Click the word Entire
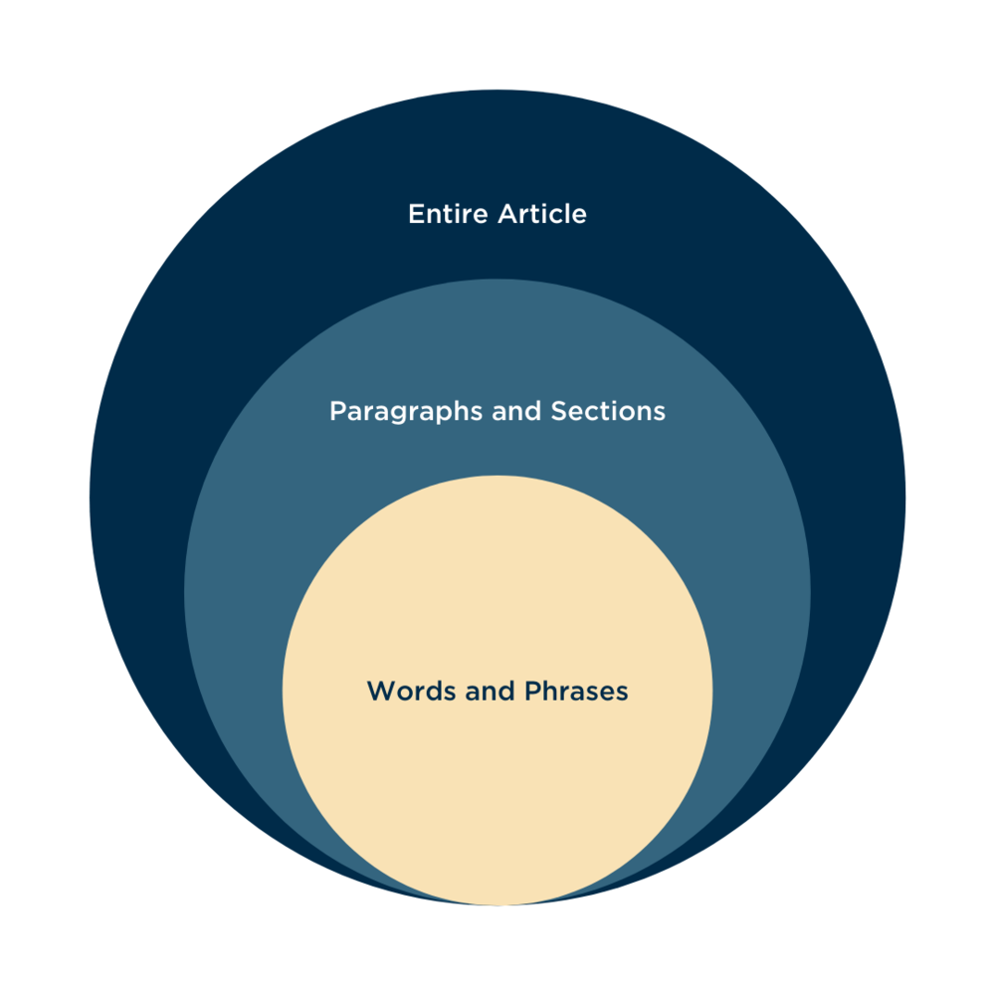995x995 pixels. point(442,214)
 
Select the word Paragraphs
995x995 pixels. point(406,412)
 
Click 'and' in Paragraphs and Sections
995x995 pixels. point(514,411)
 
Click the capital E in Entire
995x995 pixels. point(416,214)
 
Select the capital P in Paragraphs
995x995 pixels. point(337,411)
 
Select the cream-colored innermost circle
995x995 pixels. point(497,776)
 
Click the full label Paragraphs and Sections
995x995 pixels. point(497,411)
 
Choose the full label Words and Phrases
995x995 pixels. point(497,691)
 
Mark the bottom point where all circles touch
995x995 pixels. point(497,904)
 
